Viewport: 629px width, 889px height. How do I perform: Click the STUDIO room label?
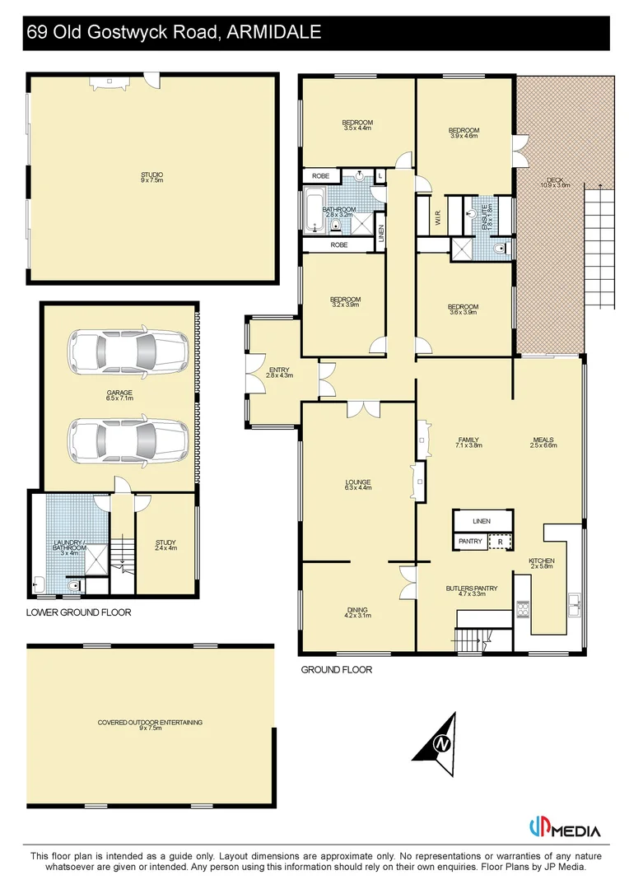(151, 178)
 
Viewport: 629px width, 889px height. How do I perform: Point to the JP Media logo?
(565, 829)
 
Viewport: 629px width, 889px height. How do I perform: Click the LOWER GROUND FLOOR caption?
(78, 612)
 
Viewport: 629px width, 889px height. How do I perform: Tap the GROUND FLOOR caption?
(336, 670)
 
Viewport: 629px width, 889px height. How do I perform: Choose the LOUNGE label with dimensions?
(357, 485)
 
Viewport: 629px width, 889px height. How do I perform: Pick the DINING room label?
(356, 612)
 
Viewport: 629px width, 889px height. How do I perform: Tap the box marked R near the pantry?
(499, 542)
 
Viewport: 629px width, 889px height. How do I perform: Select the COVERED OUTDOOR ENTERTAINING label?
(150, 724)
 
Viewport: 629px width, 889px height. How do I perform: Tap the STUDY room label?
(165, 544)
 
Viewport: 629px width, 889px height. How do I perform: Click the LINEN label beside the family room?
(482, 522)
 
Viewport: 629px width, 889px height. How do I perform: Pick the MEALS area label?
(543, 442)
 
